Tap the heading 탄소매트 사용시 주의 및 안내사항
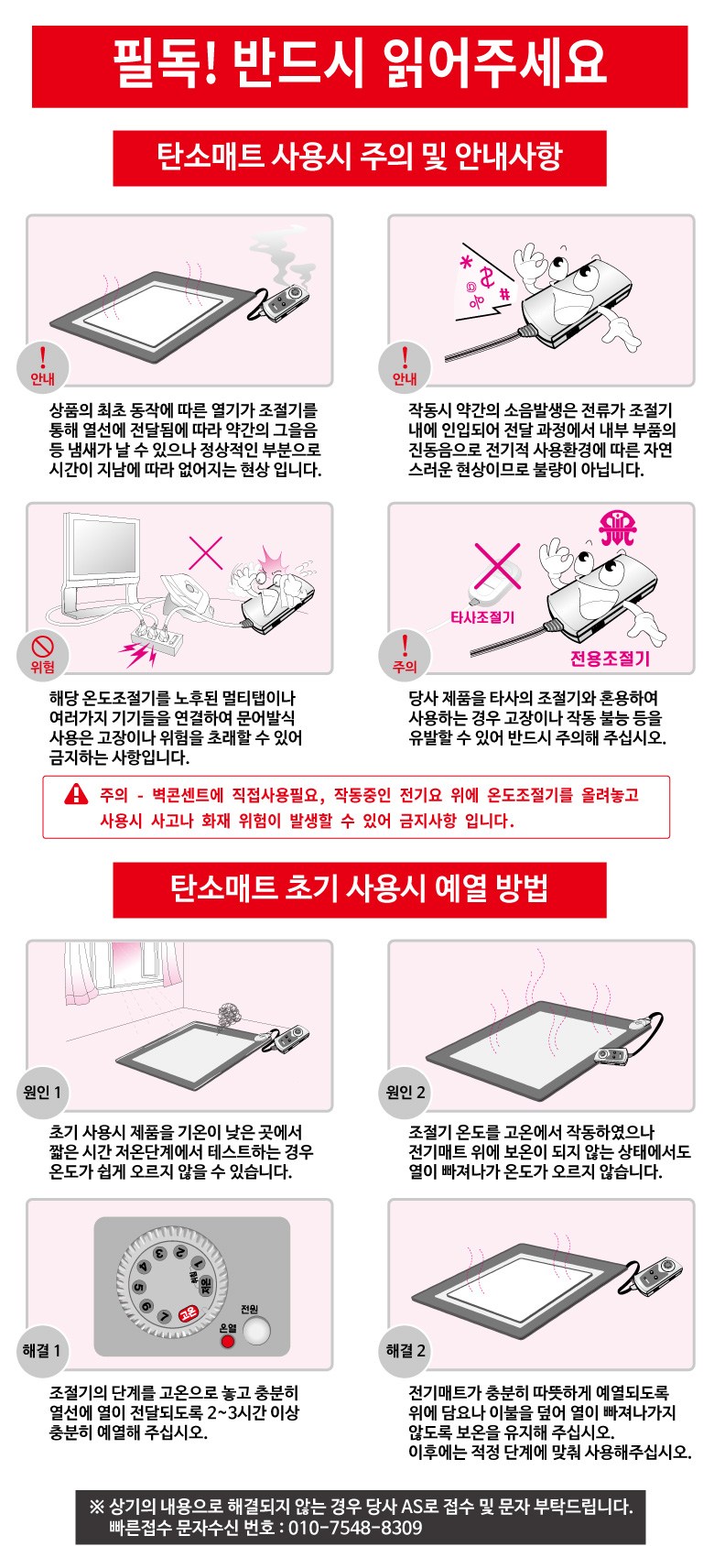pos(360,156)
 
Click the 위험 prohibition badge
pos(42,655)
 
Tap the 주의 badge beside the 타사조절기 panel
pos(405,655)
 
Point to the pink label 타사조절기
pos(482,617)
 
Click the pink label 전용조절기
pos(610,658)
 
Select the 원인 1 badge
pos(42,1092)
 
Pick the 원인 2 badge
pos(405,1092)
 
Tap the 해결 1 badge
pos(42,1350)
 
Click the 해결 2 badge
pos(405,1350)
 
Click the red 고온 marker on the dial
pos(189,1314)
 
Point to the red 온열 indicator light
pos(227,1341)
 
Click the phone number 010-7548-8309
pos(355,1528)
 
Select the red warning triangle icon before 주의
pos(76,794)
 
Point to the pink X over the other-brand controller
pos(497,566)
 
